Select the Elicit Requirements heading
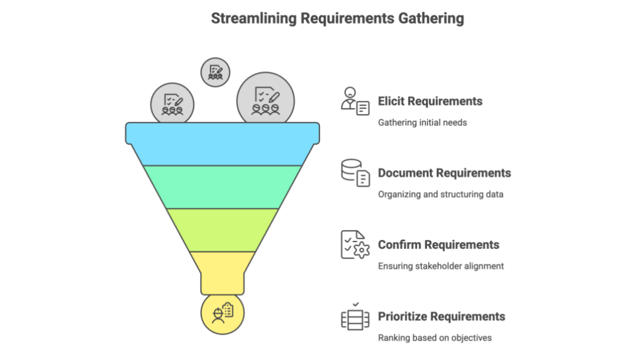[430, 101]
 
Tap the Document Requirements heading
[444, 173]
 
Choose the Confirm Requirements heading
[438, 245]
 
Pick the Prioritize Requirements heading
[441, 316]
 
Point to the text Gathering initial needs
[422, 122]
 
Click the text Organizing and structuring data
[441, 194]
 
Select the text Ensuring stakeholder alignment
[441, 266]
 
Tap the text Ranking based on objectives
[434, 338]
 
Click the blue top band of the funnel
[222, 144]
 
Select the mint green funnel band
[222, 187]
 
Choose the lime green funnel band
[222, 230]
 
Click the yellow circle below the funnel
[222, 313]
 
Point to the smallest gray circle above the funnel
[215, 72]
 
